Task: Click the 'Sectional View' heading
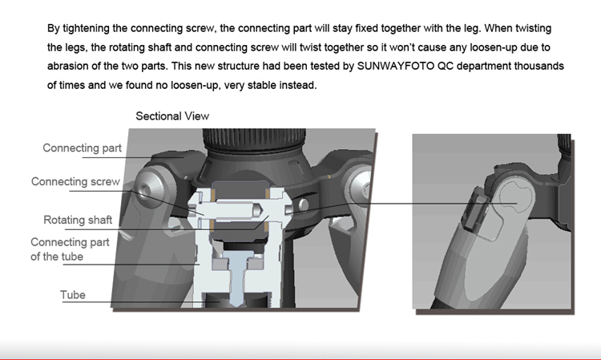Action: [x=172, y=115]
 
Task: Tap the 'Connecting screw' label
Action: [x=75, y=181]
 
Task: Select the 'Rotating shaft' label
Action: [x=78, y=220]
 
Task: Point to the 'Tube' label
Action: [x=72, y=294]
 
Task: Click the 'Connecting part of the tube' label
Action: [x=70, y=249]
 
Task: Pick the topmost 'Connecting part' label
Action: [x=82, y=148]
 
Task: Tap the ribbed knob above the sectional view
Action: [x=254, y=140]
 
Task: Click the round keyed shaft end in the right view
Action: [x=516, y=198]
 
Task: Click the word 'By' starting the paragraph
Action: [x=53, y=28]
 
